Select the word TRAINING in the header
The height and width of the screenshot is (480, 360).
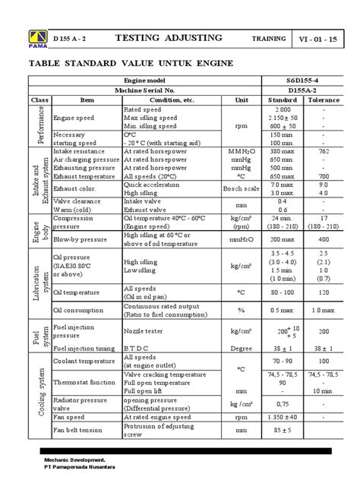click(268, 39)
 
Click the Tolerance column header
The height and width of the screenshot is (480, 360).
click(324, 99)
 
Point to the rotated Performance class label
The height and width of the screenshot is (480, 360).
click(39, 125)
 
